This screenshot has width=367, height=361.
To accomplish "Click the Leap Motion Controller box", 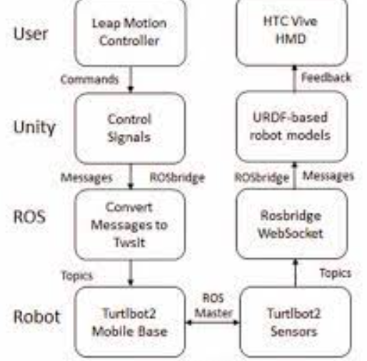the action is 130,32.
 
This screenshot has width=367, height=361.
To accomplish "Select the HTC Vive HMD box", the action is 292,32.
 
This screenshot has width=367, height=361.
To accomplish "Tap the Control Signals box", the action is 130,128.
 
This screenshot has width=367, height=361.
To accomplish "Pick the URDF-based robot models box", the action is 292,126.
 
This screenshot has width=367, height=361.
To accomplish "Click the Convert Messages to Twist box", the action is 130,225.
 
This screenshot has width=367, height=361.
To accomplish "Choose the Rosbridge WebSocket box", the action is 292,224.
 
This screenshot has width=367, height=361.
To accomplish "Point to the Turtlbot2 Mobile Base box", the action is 130,322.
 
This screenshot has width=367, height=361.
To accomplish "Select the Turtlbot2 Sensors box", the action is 295,322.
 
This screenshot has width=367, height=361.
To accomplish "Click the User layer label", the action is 31,34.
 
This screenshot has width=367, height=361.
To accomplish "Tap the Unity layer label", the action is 34,128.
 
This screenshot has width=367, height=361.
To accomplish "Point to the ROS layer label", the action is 29,217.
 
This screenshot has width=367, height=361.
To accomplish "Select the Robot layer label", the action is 37,317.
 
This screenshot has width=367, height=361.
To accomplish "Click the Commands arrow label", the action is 89,79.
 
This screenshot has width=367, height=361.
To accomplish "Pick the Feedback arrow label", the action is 326,78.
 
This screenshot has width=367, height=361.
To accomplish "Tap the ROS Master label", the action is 213,305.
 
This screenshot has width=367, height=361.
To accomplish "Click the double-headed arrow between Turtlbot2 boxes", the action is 213,322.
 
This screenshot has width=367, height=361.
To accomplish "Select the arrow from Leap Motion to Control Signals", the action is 131,79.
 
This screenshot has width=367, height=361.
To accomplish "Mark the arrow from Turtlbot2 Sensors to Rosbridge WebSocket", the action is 296,273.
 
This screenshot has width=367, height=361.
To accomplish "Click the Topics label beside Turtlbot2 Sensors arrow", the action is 336,273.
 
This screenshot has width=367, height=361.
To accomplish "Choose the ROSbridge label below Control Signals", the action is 177,178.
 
